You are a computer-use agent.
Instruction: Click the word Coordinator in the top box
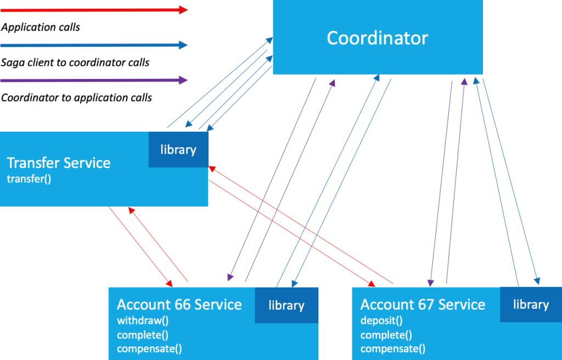pos(377,38)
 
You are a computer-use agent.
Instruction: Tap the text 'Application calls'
pos(41,27)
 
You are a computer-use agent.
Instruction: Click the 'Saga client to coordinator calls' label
pos(75,62)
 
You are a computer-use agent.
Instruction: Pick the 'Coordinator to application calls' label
pos(76,98)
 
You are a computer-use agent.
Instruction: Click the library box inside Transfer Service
pos(178,149)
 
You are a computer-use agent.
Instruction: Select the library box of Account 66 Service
pos(286,305)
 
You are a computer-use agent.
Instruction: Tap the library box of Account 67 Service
pos(530,304)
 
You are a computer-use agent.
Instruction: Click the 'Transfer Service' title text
pos(59,163)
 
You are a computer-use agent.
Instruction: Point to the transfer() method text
pos(29,178)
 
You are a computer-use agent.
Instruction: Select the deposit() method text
pos(381,320)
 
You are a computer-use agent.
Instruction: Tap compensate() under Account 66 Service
pos(149,348)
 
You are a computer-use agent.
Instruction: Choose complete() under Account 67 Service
pos(386,335)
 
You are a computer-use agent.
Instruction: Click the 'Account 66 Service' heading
pos(179,305)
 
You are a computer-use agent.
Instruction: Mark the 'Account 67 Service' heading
pos(423,305)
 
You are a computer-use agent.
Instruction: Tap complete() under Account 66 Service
pos(142,335)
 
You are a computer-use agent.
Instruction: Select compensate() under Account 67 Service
pos(392,348)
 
